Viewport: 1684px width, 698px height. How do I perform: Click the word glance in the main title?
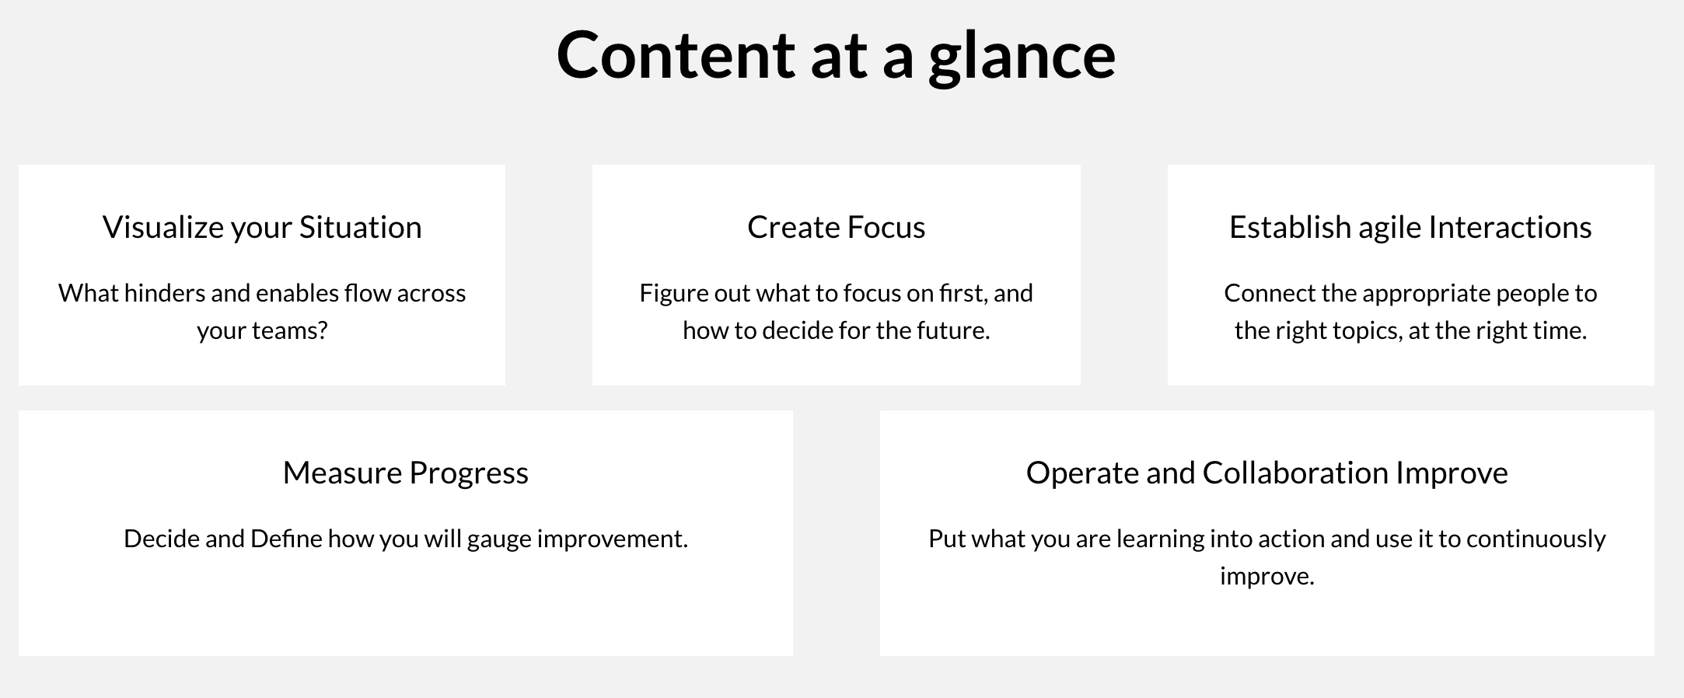coord(1022,56)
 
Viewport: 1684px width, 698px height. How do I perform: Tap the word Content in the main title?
coord(676,54)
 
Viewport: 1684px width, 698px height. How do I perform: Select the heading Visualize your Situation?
coord(262,227)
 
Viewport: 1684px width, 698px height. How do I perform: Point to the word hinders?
coord(165,293)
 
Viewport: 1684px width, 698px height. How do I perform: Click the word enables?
coord(297,293)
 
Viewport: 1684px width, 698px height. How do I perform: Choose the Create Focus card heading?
coord(837,227)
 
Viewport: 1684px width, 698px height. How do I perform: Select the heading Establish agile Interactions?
coord(1410,227)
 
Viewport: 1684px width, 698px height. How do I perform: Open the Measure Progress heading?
coord(406,473)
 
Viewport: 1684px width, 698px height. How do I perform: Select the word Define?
coord(286,539)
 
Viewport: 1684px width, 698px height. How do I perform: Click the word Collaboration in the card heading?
coord(1295,472)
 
